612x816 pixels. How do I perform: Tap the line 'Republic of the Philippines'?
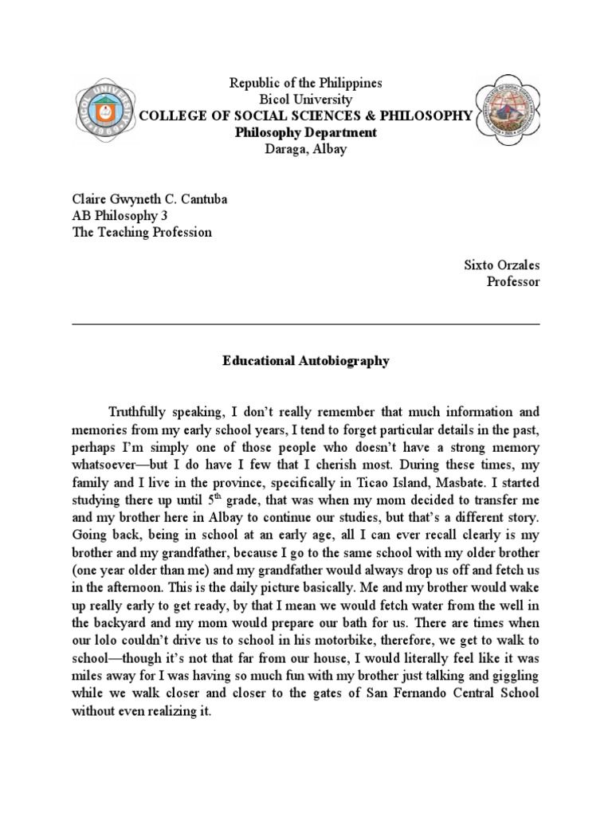[x=306, y=83]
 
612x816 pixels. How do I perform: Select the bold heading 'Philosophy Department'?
[x=306, y=132]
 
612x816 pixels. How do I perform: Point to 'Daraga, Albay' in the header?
[x=306, y=149]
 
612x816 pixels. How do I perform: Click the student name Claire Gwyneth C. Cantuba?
[x=150, y=199]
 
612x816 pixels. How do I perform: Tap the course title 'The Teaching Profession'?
[x=142, y=233]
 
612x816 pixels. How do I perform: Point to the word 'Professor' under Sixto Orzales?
[x=513, y=282]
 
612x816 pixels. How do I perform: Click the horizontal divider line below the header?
[x=306, y=324]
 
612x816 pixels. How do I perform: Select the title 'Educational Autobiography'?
[x=306, y=361]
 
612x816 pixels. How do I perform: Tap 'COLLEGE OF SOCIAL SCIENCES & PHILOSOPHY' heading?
[x=306, y=116]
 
